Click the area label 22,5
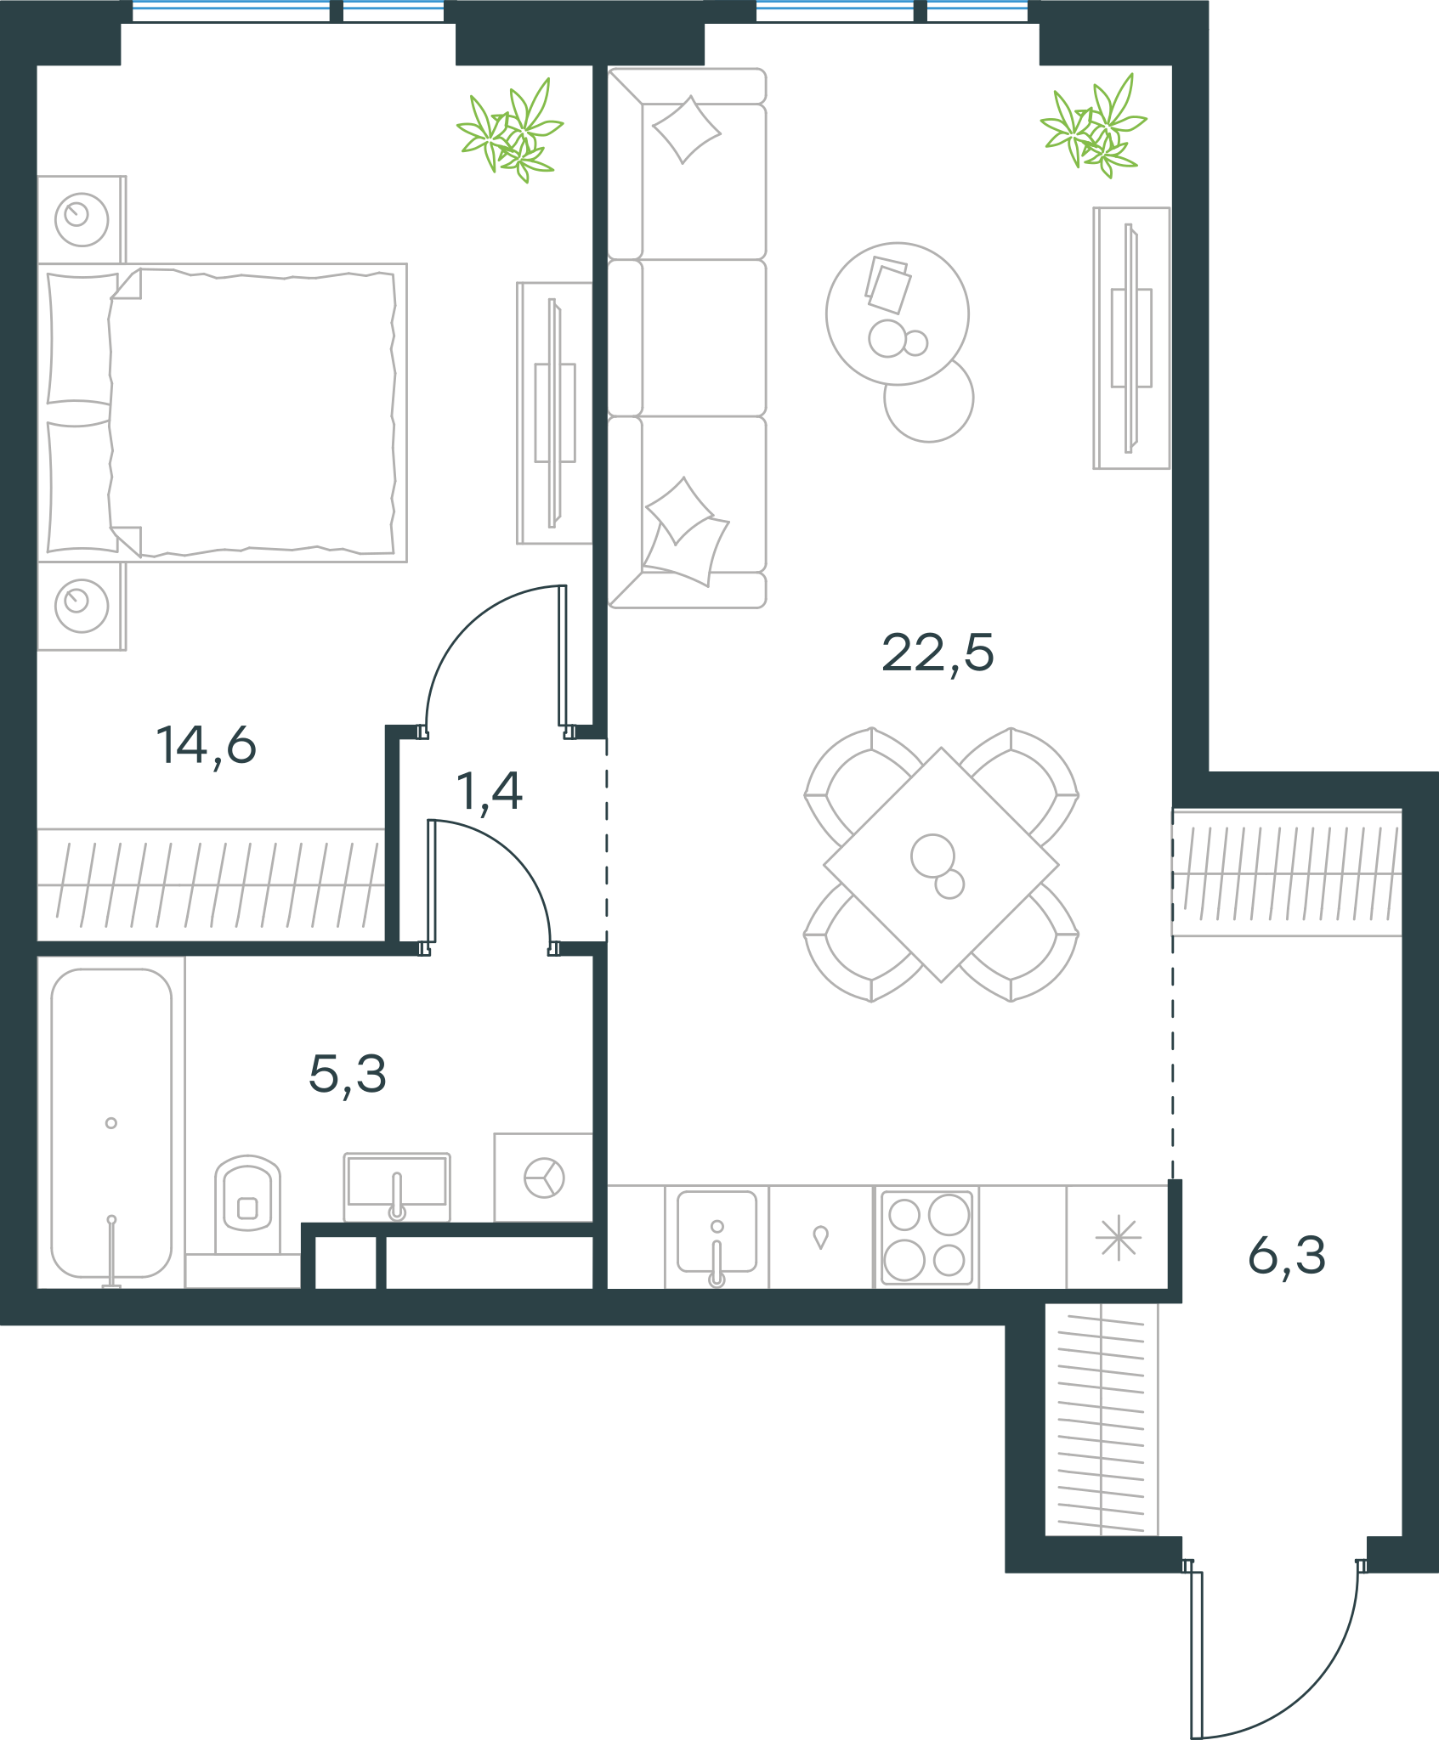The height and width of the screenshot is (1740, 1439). pos(938,654)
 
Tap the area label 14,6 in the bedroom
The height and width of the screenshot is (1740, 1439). pos(206,746)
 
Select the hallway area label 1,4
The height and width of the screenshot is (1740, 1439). pos(489,792)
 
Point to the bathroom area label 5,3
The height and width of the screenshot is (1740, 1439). pos(348,1075)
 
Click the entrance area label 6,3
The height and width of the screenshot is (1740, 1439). pos(1287,1257)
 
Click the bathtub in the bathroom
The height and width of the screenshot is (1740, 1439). pos(111,1123)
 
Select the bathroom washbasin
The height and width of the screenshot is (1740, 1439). pos(397,1185)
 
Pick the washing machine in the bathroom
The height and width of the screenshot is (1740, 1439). pos(544,1178)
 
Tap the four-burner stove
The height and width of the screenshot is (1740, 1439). pos(926,1236)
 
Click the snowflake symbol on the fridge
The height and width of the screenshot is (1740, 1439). pos(1119,1238)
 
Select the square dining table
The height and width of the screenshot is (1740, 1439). pos(941,865)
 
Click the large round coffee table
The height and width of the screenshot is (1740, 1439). pos(898,314)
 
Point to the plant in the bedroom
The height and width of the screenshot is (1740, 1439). pos(510,130)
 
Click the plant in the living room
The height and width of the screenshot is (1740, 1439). pos(1093,126)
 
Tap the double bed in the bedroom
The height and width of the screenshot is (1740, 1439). pos(223,413)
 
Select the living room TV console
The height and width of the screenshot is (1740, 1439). pos(1131,338)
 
